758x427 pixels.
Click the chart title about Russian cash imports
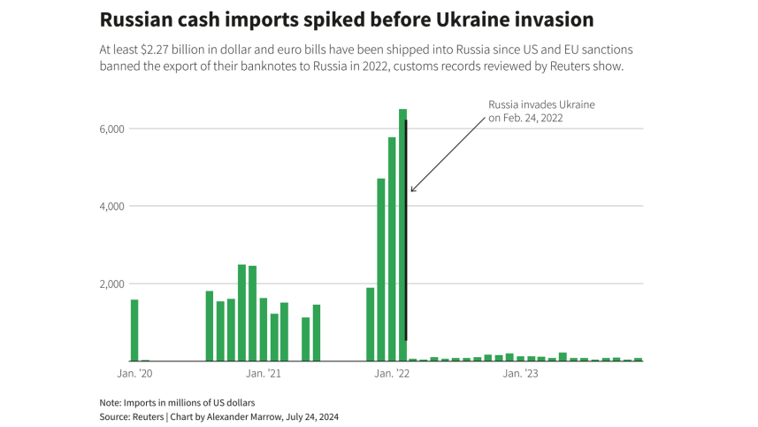(x=346, y=19)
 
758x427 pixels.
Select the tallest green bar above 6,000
(x=402, y=235)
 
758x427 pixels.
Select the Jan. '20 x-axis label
(x=135, y=374)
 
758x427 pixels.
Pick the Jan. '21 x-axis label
(x=264, y=374)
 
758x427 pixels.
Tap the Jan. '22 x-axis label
(x=392, y=374)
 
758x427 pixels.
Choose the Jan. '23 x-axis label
(x=520, y=374)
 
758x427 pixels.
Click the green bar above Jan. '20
(x=134, y=330)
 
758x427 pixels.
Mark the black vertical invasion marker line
(x=407, y=230)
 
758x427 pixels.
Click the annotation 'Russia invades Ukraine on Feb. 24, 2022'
(x=541, y=111)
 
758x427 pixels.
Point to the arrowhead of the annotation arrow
(x=412, y=190)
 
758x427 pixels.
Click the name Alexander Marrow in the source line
(x=266, y=416)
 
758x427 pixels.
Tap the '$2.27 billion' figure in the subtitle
(x=170, y=50)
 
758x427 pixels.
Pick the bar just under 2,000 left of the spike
(x=370, y=324)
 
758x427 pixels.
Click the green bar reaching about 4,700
(x=381, y=270)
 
